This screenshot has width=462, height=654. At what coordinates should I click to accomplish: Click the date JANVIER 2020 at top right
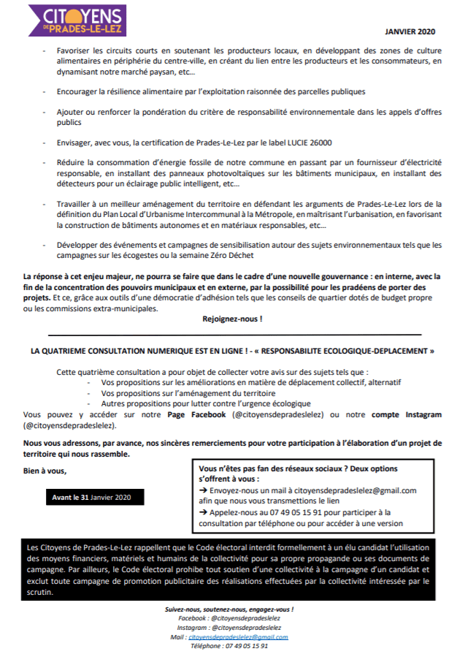pos(409,32)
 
